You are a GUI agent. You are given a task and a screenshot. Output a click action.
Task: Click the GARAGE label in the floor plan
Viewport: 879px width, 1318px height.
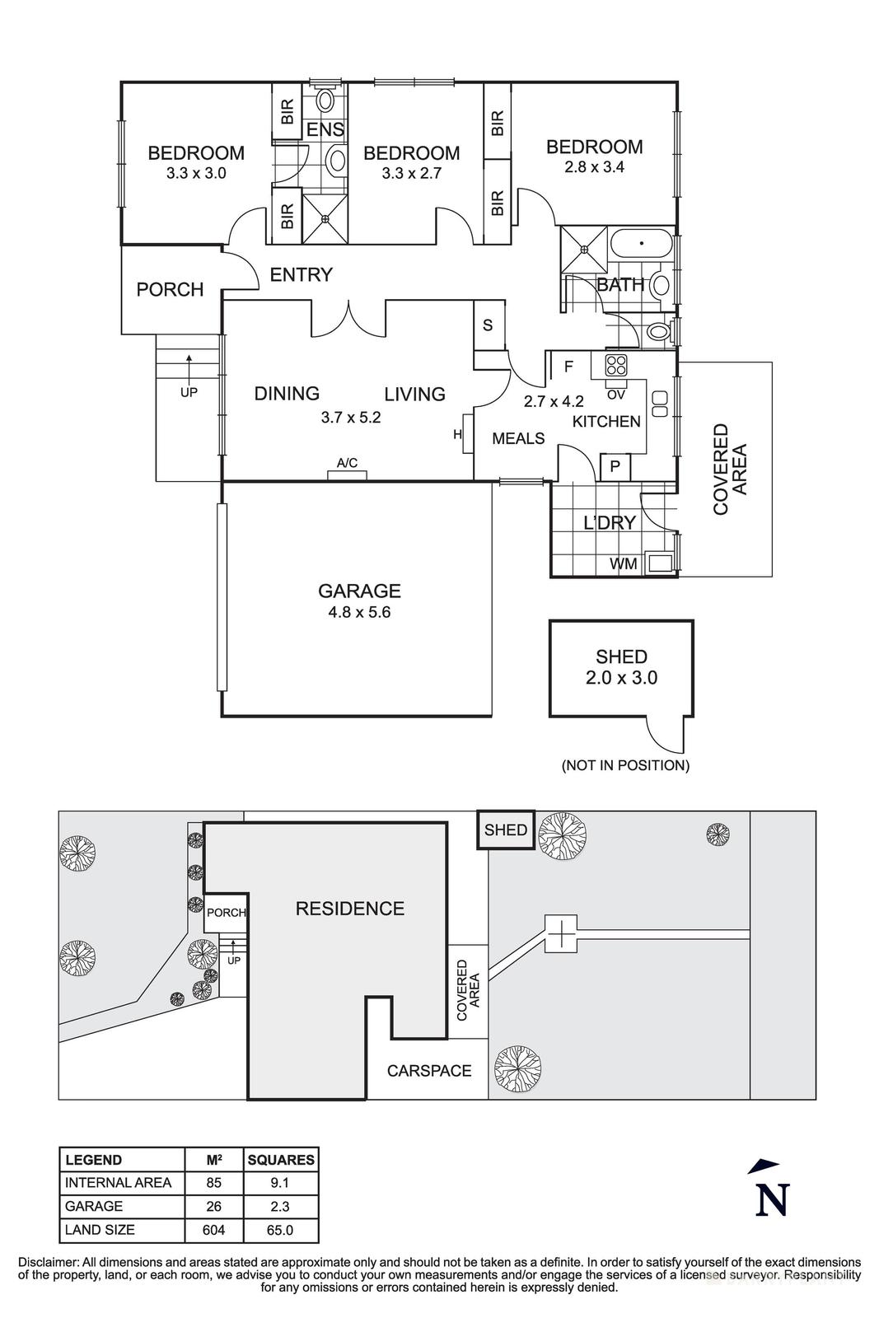[x=359, y=591]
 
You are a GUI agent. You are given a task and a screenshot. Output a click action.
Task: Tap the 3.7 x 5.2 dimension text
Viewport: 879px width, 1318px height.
[x=351, y=418]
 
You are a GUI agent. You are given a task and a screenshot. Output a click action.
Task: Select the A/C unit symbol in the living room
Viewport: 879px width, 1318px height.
[x=347, y=473]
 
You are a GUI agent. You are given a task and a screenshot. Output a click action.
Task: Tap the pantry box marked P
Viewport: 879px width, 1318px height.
[x=615, y=468]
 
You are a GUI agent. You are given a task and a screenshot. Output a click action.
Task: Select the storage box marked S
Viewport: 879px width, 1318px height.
[x=488, y=325]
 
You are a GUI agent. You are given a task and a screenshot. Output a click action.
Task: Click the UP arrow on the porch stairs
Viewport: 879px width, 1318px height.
[x=189, y=362]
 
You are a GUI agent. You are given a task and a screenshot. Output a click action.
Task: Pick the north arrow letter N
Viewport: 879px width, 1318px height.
[x=772, y=1200]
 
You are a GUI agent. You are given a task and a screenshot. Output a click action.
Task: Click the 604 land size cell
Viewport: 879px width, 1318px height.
[x=214, y=1230]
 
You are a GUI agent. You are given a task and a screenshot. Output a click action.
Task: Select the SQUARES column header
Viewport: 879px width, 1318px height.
[x=280, y=1160]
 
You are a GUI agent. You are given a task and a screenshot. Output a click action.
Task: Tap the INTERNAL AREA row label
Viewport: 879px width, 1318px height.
[x=119, y=1183]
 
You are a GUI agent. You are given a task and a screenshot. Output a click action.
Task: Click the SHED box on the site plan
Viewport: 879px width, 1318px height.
[x=506, y=830]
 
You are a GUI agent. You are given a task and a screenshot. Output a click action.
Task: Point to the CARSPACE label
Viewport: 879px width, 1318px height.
[x=429, y=1070]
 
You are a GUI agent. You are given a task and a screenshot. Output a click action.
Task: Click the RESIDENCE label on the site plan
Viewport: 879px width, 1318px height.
[x=349, y=909]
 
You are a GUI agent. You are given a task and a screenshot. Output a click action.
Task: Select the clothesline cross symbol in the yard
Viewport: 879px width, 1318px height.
[x=561, y=934]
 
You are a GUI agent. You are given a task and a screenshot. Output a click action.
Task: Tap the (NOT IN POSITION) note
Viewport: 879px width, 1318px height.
[x=624, y=765]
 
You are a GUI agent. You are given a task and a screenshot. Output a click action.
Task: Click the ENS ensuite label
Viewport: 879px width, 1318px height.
[x=325, y=129]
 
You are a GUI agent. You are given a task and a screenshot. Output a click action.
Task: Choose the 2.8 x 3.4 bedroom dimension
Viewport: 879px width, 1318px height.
[x=594, y=167]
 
